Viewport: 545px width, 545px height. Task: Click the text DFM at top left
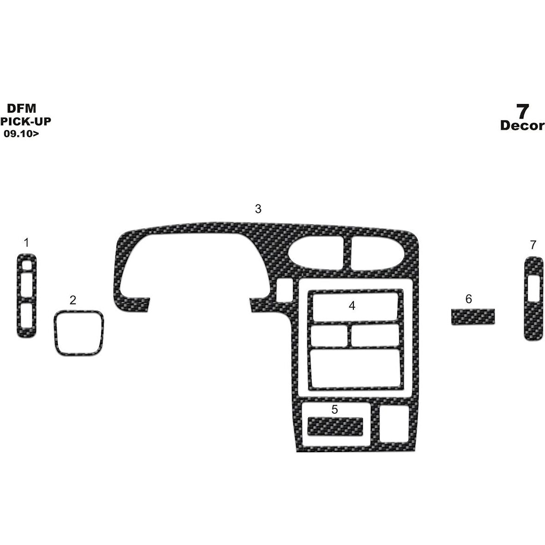click(x=22, y=109)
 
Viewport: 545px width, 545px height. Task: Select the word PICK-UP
click(x=26, y=121)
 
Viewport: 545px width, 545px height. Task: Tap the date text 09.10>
click(x=21, y=133)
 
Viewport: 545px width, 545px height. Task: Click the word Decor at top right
click(x=522, y=126)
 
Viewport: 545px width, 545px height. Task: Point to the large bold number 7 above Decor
click(x=522, y=112)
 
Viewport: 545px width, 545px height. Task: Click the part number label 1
click(x=26, y=242)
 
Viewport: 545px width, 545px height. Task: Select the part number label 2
click(x=73, y=300)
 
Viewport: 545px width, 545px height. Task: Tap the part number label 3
click(x=258, y=209)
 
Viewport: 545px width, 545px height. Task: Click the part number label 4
click(x=352, y=306)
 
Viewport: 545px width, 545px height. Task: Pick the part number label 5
click(x=335, y=410)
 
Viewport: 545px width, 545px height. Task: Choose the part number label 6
click(x=468, y=299)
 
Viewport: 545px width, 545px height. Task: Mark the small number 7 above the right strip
click(x=533, y=245)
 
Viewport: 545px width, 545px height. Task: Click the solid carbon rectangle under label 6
click(x=472, y=317)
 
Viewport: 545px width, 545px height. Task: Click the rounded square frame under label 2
click(x=79, y=333)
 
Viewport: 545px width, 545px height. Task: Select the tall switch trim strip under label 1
click(x=26, y=296)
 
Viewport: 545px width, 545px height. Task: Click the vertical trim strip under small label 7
click(x=533, y=299)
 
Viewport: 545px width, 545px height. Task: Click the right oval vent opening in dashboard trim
click(x=377, y=253)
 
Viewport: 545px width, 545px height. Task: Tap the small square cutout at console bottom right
click(x=394, y=424)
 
